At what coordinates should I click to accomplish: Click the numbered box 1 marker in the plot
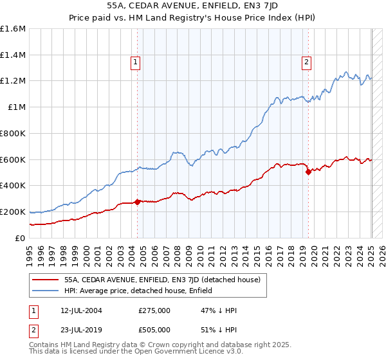pos(136,62)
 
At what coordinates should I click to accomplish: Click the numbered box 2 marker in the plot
pos(306,62)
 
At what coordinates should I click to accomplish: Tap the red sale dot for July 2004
pos(138,202)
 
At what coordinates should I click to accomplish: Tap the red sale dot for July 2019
pos(308,172)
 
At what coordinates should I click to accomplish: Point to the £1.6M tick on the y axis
pos(13,29)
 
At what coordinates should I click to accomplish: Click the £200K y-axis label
pos(13,212)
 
